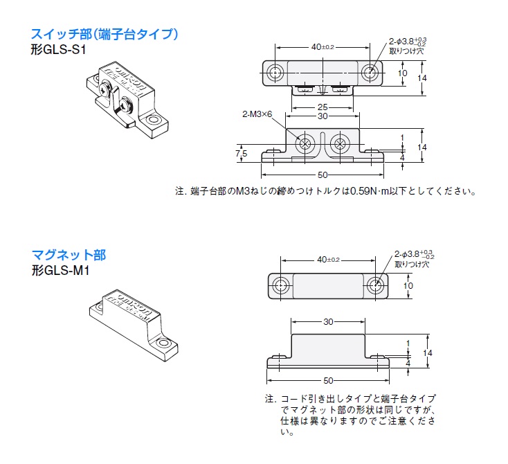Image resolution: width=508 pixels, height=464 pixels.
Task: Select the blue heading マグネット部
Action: [x=69, y=256]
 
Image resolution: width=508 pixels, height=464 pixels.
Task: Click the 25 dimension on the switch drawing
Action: [x=323, y=107]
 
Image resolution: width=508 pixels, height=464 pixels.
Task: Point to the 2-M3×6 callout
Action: [x=257, y=114]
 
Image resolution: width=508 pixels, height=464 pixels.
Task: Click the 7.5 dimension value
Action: [x=242, y=152]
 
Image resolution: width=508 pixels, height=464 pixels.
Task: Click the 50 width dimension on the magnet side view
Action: [x=329, y=380]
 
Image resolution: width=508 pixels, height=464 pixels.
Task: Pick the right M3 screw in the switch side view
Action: [x=340, y=144]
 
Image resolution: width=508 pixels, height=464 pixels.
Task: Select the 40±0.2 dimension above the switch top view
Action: [x=323, y=46]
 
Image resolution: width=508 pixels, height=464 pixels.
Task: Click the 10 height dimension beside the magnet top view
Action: [x=408, y=285]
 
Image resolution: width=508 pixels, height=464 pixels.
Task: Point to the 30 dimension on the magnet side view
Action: [x=329, y=322]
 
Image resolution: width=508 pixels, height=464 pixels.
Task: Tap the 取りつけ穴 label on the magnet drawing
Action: [x=412, y=264]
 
